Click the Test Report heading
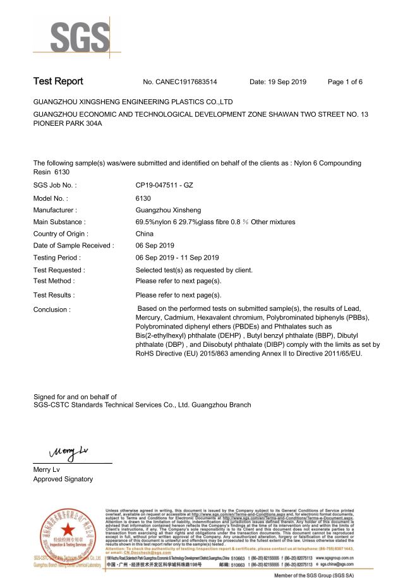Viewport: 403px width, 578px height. click(x=58, y=81)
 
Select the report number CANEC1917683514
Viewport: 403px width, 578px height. click(x=181, y=82)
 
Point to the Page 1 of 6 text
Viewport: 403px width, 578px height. click(x=345, y=82)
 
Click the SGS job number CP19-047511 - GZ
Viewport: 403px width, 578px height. click(x=164, y=186)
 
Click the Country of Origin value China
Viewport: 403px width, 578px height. click(x=145, y=233)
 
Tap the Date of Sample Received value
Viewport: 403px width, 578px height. click(x=155, y=245)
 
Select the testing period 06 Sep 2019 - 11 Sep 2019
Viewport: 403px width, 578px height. click(x=177, y=258)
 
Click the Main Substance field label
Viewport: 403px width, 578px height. click(x=59, y=222)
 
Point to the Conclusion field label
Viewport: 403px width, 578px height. click(x=52, y=310)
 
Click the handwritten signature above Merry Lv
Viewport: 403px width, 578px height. click(x=64, y=452)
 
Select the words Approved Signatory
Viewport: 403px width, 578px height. click(x=63, y=479)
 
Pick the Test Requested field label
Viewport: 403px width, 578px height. click(x=59, y=270)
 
